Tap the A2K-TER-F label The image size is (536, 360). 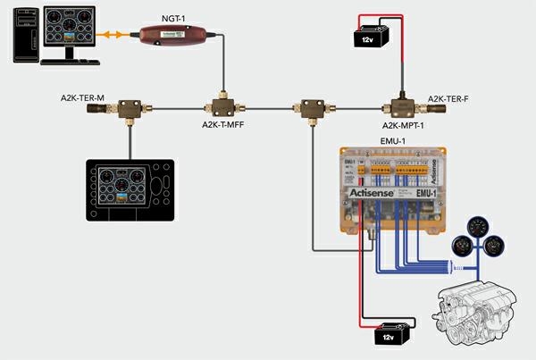pyautogui.click(x=448, y=97)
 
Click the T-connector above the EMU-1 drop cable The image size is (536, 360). pyautogui.click(x=312, y=108)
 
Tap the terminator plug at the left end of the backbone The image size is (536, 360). pyautogui.click(x=96, y=110)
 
